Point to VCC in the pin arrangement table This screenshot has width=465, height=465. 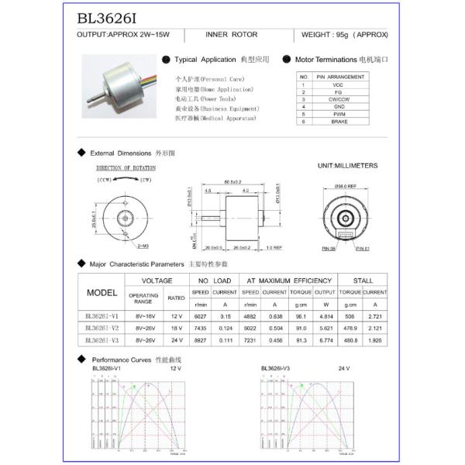339,84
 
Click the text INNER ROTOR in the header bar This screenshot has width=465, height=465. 232,36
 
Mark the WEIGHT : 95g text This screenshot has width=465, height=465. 346,36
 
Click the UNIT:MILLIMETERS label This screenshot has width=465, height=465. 347,166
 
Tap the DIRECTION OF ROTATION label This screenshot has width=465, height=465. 126,167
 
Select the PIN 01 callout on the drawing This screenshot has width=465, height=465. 364,249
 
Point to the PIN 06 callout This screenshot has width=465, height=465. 329,249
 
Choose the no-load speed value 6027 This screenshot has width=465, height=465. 200,316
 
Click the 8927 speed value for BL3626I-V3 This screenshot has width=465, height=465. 200,339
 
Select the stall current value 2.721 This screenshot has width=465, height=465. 375,316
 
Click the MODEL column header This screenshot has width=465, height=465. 102,294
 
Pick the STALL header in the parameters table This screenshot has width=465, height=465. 363,281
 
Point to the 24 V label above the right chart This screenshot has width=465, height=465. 343,368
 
